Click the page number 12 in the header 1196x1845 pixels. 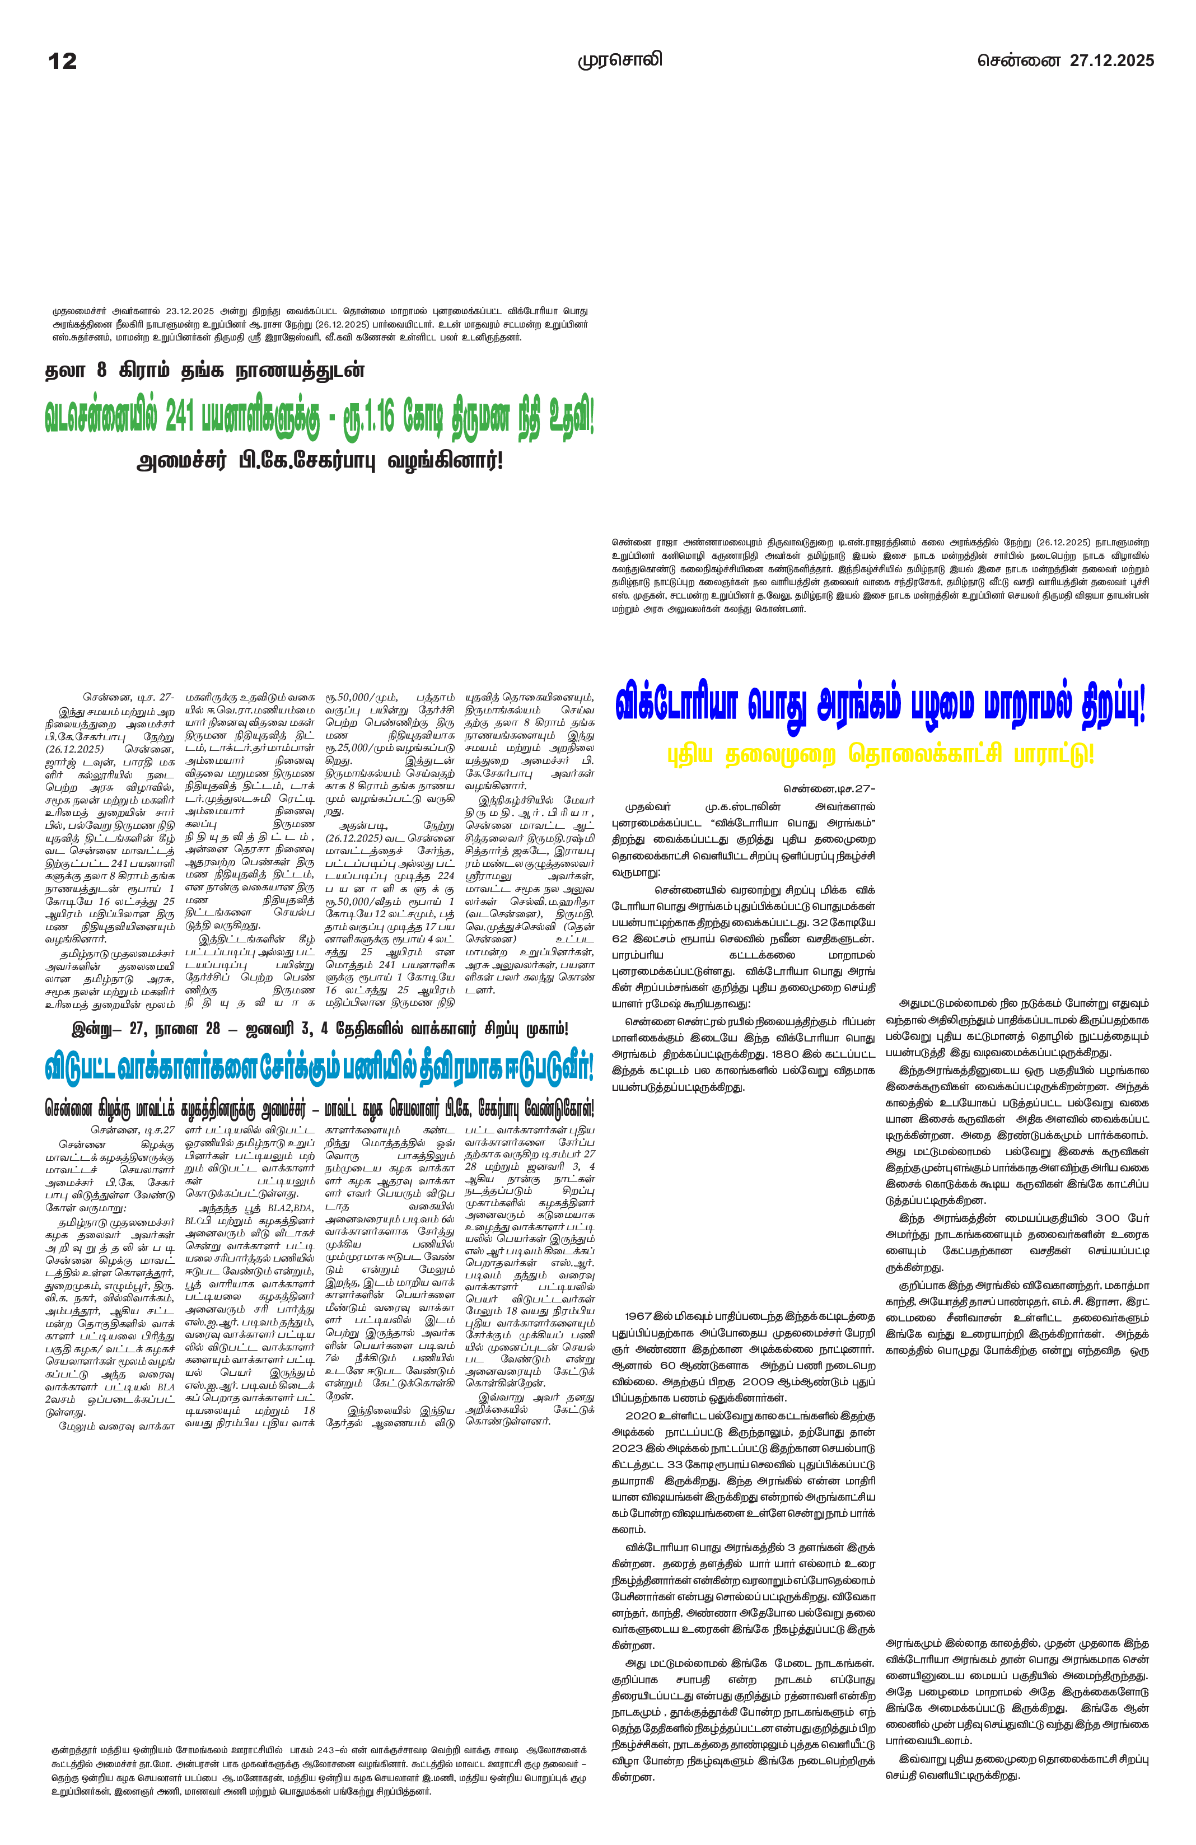click(62, 61)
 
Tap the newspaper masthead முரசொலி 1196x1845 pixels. click(620, 60)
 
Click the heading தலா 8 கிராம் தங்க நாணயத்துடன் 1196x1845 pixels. click(204, 371)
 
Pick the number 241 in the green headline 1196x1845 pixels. click(179, 419)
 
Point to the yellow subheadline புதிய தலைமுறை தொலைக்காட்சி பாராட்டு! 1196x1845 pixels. click(881, 754)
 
